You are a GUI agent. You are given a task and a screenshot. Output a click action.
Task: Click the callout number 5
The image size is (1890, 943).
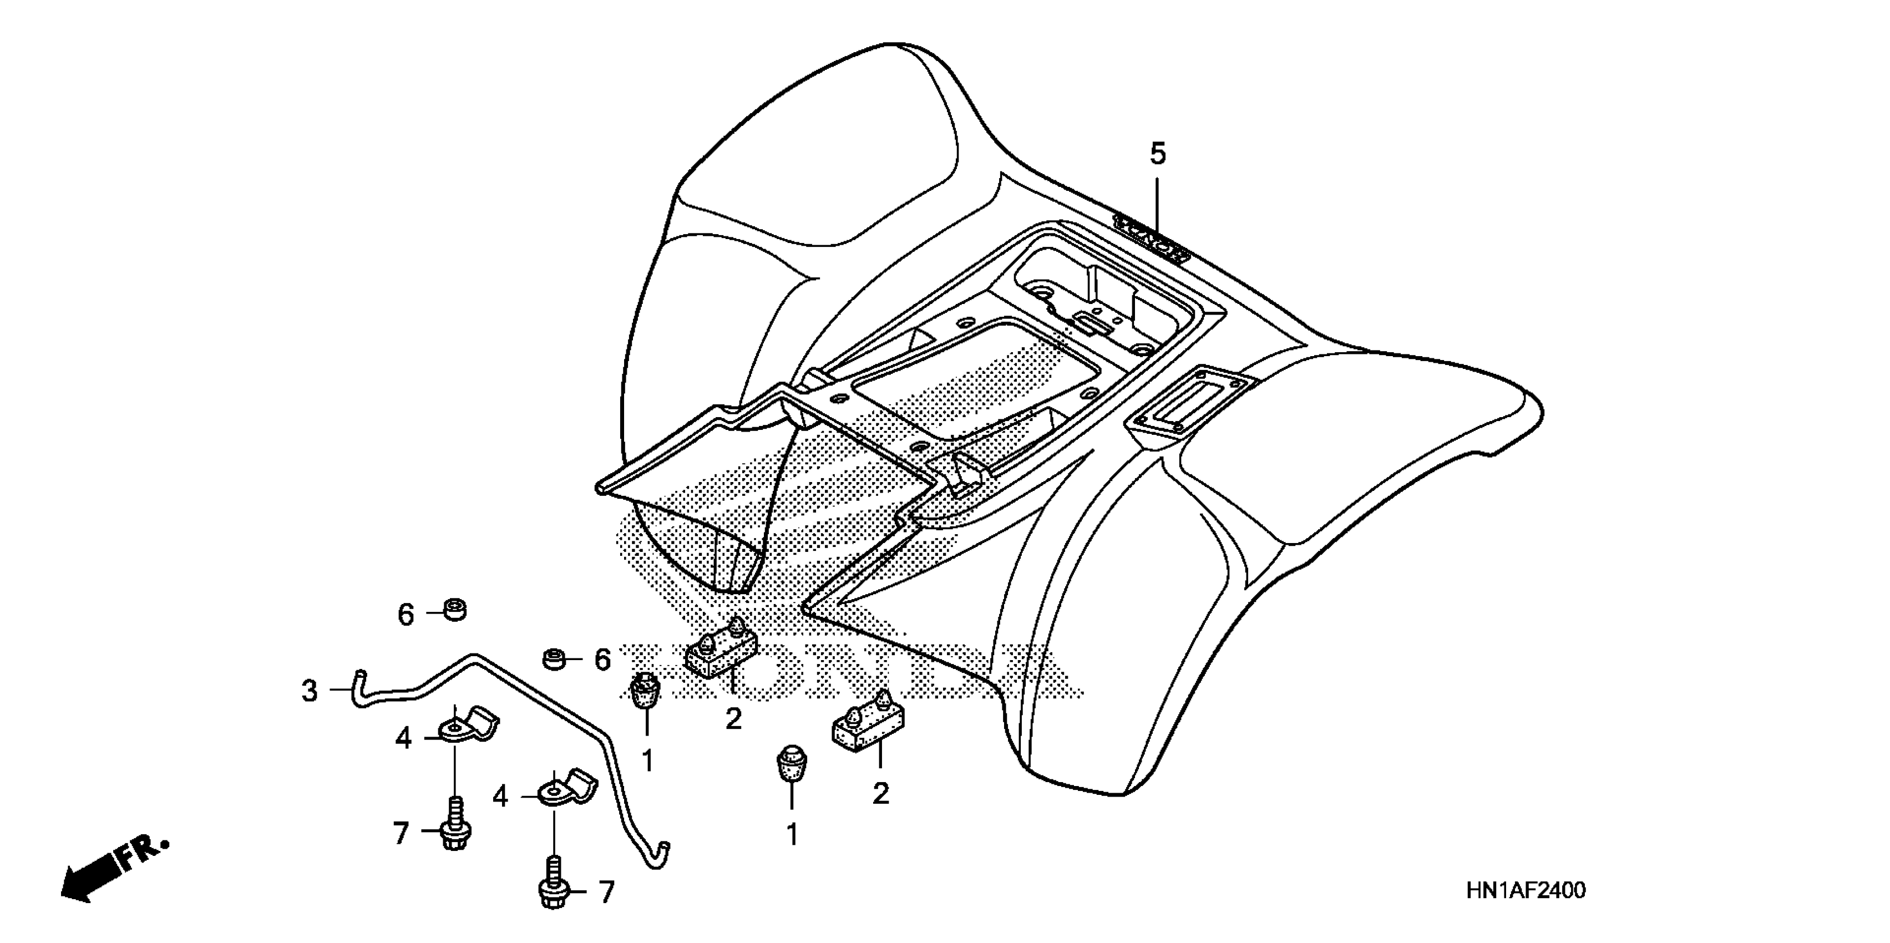point(1157,154)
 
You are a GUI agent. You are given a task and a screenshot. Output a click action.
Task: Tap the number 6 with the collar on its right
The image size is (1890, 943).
point(406,614)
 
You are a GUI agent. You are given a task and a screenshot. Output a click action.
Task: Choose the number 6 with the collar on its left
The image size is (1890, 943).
point(602,660)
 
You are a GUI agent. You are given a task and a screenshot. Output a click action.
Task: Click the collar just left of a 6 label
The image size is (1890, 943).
point(557,659)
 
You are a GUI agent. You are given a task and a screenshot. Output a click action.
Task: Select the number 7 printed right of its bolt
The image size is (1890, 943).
point(606,891)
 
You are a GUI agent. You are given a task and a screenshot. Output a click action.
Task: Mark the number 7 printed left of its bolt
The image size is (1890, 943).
point(401,833)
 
